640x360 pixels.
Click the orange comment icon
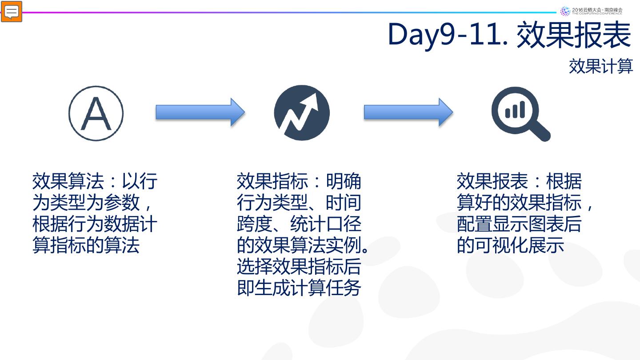tap(12, 12)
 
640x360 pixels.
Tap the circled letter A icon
tap(96, 113)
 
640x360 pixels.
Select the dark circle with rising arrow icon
tap(302, 113)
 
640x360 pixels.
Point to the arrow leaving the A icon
tap(200, 112)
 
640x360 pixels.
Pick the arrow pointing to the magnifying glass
tap(408, 112)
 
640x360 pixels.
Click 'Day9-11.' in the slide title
tap(448, 34)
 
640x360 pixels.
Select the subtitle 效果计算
tap(601, 66)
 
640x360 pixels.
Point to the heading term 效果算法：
tap(76, 181)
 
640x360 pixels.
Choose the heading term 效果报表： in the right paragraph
tap(500, 181)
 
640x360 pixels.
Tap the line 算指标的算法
tap(86, 245)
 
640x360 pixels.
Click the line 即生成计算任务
tap(299, 288)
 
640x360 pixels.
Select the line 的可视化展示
tap(510, 245)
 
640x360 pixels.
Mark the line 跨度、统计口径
tap(299, 224)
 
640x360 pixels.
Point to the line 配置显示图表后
tap(519, 224)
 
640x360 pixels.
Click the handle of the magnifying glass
tap(541, 132)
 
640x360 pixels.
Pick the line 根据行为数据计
tap(95, 224)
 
